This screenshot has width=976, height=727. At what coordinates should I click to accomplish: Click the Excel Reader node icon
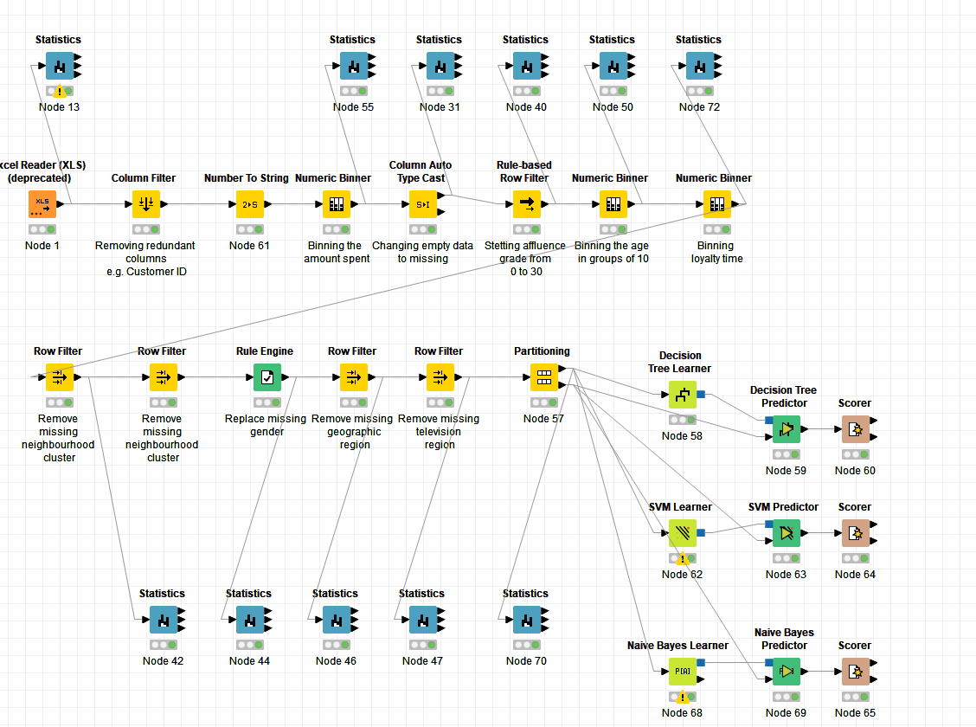point(42,204)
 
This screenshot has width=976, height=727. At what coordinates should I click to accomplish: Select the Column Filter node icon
point(146,204)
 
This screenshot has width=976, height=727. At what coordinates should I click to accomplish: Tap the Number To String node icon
point(250,204)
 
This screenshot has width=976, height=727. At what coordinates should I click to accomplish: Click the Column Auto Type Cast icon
point(423,204)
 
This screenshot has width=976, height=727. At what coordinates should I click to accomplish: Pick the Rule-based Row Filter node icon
point(526,204)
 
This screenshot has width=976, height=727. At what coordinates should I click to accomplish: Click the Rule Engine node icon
point(267,377)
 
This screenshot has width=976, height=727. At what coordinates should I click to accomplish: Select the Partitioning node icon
point(543,377)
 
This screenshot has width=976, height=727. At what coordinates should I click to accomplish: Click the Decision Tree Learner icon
point(682,395)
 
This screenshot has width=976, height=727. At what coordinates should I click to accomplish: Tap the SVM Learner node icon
point(682,533)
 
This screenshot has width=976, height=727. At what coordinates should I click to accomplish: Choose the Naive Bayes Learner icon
point(682,672)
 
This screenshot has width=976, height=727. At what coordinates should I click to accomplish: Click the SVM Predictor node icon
point(786,533)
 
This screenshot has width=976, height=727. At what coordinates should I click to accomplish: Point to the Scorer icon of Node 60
point(855,429)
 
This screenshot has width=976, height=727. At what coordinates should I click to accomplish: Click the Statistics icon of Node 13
point(60,66)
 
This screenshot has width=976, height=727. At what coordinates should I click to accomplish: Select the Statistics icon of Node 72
point(699,66)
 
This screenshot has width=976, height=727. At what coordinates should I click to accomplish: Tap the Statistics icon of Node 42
point(163,620)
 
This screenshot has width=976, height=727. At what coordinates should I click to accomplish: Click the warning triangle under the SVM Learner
point(683,559)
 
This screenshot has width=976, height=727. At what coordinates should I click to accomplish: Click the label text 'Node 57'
point(543,419)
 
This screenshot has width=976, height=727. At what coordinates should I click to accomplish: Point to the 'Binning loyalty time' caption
point(717,252)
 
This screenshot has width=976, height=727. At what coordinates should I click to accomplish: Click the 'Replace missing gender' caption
point(266,425)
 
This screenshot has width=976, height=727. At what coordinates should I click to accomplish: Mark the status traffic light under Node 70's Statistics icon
point(526,645)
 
